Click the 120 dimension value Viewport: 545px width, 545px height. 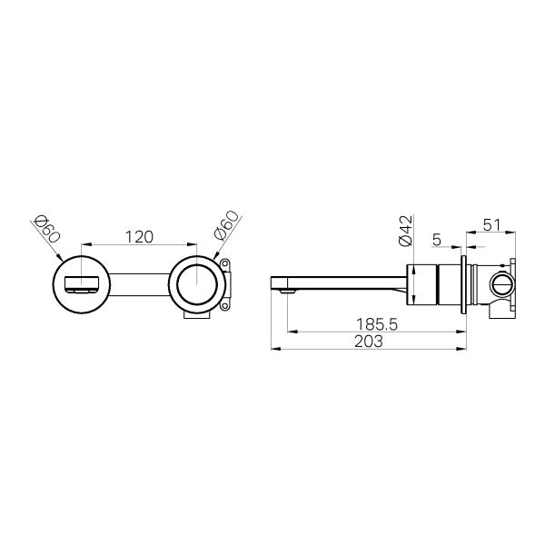pos(138,236)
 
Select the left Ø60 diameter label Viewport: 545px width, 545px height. pos(46,227)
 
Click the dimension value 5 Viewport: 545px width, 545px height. pos(437,240)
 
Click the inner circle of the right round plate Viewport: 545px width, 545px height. pos(198,283)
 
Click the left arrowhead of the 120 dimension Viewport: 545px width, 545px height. pos(84,245)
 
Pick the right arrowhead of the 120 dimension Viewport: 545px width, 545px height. pos(196,245)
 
